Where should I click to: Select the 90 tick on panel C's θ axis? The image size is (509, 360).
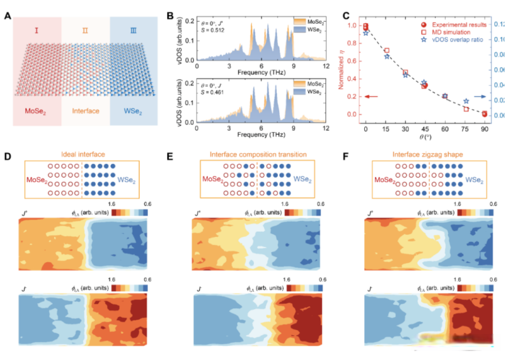485,128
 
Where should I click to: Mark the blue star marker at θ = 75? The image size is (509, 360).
466,101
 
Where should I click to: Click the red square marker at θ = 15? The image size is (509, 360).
386,50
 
